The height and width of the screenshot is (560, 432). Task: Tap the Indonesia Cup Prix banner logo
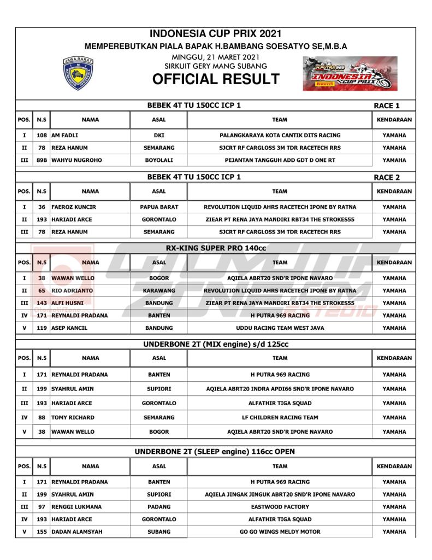(350, 73)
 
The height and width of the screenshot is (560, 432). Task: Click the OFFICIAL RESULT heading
(216, 79)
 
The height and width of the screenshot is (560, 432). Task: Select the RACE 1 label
(387, 106)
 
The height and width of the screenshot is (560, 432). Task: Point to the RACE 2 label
(387, 177)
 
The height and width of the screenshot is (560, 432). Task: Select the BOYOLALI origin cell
(159, 160)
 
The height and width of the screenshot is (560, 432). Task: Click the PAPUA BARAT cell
(159, 207)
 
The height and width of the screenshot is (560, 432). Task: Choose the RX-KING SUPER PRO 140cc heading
(216, 248)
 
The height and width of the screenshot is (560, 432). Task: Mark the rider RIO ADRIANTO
(72, 290)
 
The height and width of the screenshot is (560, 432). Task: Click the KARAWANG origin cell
(159, 290)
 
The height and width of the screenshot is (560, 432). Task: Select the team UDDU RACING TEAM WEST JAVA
(280, 328)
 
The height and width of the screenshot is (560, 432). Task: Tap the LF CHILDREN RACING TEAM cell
(280, 417)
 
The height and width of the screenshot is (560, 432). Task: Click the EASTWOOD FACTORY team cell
(280, 507)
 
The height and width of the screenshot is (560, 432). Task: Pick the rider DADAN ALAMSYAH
(76, 532)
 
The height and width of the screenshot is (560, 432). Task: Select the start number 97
(41, 507)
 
